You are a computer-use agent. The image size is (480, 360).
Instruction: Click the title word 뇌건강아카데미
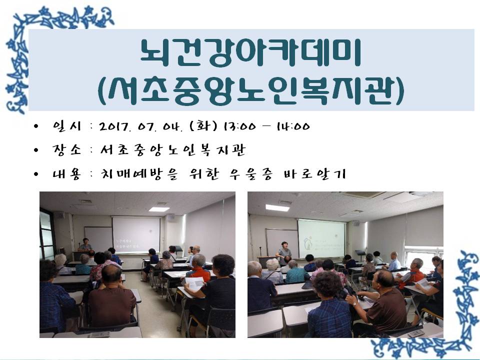pyautogui.click(x=250, y=52)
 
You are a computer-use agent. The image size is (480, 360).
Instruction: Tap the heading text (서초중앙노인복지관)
pyautogui.click(x=251, y=91)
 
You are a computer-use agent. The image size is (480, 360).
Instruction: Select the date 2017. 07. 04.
pyautogui.click(x=141, y=126)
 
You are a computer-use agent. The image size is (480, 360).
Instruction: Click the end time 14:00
pyautogui.click(x=293, y=126)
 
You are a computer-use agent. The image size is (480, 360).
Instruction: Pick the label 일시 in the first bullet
pyautogui.click(x=67, y=126)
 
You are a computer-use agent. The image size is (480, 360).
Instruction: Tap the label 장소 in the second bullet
pyautogui.click(x=67, y=149)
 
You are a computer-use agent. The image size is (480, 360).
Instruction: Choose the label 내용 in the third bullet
pyautogui.click(x=67, y=174)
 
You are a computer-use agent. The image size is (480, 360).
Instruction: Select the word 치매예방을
pyautogui.click(x=139, y=174)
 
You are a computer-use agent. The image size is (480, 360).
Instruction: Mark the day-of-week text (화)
pyautogui.click(x=203, y=126)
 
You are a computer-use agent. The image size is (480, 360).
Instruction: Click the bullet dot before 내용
pyautogui.click(x=36, y=174)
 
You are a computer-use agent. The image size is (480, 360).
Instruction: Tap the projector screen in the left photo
pyautogui.click(x=136, y=235)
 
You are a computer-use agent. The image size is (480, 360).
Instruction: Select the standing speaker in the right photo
pyautogui.click(x=284, y=253)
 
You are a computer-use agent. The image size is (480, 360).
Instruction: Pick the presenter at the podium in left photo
pyautogui.click(x=85, y=244)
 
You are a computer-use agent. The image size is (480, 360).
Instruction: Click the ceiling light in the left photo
pyautogui.click(x=159, y=209)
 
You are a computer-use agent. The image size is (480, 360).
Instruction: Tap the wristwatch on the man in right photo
pyautogui.click(x=354, y=303)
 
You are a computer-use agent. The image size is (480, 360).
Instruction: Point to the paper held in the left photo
pyautogui.click(x=193, y=283)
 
